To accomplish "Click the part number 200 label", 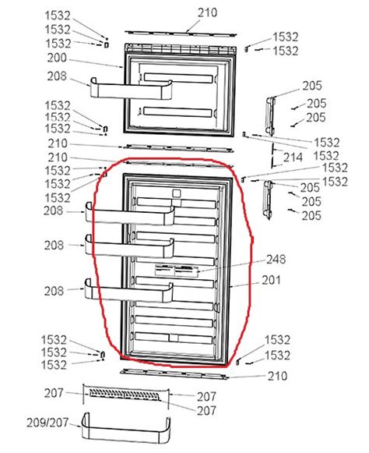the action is click(57, 58).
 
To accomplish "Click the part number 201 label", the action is click(271, 280).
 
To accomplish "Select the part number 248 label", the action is click(276, 259).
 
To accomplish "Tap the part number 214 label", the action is click(293, 157).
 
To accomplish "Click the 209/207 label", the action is click(47, 423).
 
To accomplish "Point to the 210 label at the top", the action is click(207, 12).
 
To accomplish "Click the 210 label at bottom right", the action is click(278, 376).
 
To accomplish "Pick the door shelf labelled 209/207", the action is click(126, 427).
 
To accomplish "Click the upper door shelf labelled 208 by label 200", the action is click(132, 88).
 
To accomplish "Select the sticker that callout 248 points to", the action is click(177, 271).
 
